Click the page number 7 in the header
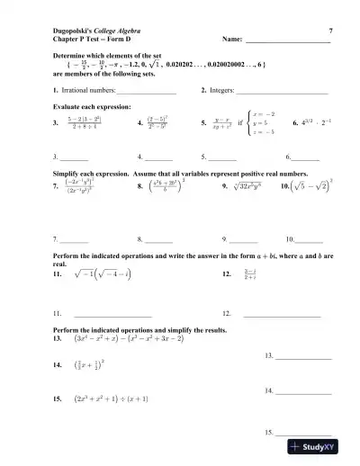[331, 31]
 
